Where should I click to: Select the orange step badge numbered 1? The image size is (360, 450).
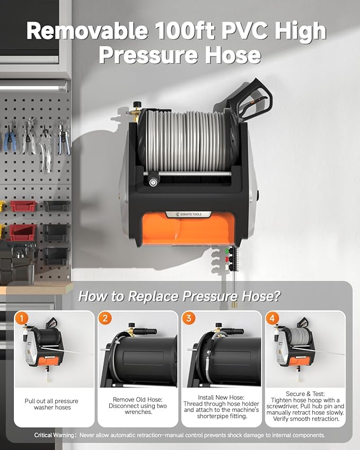click(22, 319)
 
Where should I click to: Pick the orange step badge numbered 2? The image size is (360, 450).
click(106, 319)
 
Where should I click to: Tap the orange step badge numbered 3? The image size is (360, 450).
click(189, 319)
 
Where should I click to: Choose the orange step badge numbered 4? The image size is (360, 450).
click(273, 319)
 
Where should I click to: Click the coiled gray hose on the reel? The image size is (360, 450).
click(186, 140)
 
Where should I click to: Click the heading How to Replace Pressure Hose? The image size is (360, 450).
click(179, 296)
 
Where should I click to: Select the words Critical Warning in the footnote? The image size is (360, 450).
click(55, 435)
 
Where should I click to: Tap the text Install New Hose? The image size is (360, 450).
click(221, 399)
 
